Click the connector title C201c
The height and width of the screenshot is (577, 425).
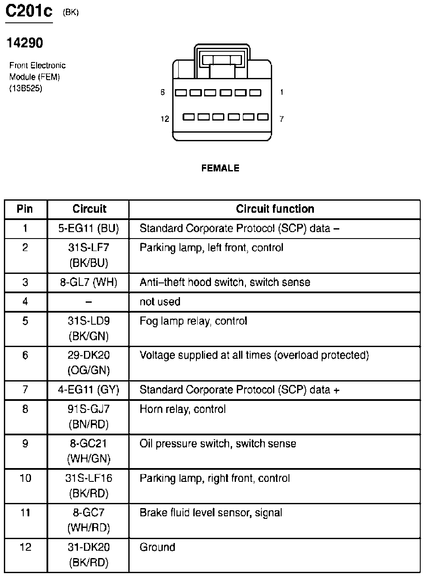click(x=28, y=12)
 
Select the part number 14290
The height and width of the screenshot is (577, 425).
click(x=25, y=43)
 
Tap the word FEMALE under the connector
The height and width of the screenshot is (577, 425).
click(x=220, y=168)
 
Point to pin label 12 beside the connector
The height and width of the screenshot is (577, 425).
click(x=165, y=119)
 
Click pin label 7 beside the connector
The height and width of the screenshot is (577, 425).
click(x=282, y=119)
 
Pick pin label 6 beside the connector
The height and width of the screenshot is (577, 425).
click(x=162, y=92)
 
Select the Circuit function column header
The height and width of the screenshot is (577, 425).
click(x=275, y=209)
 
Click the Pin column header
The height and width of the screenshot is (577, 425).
click(x=25, y=209)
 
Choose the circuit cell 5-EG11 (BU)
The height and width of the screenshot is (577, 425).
click(x=88, y=229)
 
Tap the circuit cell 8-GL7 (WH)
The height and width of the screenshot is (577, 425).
click(x=88, y=282)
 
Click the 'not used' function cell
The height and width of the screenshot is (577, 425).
click(x=160, y=302)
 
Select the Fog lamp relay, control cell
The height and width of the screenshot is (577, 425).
click(x=193, y=321)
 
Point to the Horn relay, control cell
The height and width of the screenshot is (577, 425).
click(x=183, y=409)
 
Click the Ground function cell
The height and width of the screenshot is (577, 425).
click(x=157, y=547)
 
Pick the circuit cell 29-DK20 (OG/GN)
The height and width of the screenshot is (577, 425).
click(x=88, y=363)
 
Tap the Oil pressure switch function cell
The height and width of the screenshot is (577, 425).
click(x=217, y=444)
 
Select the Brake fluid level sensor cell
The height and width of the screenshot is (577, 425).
click(x=211, y=513)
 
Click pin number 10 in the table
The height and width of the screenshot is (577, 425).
click(x=25, y=478)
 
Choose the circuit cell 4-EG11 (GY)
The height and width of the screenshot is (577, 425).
click(x=88, y=390)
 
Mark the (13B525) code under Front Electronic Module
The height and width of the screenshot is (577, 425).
click(x=26, y=89)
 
